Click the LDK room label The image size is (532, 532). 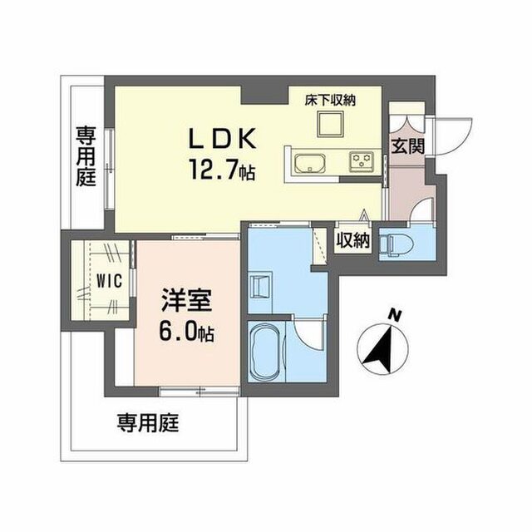point(222,139)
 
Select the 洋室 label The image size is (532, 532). point(187,300)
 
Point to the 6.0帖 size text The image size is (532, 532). point(186,330)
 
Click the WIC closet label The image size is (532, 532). point(109,281)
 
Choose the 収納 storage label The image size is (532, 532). point(352,240)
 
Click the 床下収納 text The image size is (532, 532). point(330,101)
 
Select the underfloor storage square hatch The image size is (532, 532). point(330,124)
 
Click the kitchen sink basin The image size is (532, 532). point(310,163)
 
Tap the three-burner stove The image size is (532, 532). point(362,160)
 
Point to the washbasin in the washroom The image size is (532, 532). point(260,285)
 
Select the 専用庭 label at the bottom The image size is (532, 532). point(148,423)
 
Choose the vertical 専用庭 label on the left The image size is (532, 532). point(86,156)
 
